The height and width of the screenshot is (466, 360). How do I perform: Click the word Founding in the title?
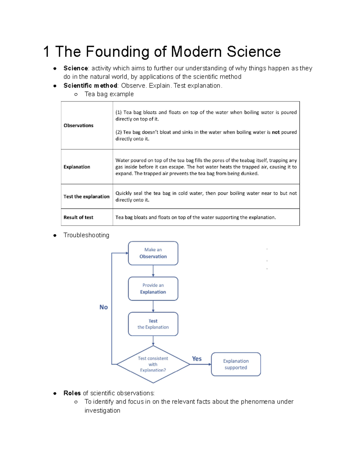(117, 52)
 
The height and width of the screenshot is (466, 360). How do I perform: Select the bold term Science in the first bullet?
(76, 68)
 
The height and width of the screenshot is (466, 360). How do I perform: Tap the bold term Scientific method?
(90, 86)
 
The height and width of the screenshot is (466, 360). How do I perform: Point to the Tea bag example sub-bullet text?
(109, 94)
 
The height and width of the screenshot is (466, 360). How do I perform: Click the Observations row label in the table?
(78, 125)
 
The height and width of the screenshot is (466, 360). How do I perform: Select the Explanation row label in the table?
(77, 167)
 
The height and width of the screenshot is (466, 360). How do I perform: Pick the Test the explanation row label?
(86, 197)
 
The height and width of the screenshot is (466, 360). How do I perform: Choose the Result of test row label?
(78, 217)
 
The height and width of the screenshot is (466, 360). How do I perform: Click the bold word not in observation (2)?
(276, 132)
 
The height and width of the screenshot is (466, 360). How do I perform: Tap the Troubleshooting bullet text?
(86, 235)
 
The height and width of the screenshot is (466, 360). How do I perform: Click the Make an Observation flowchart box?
(153, 253)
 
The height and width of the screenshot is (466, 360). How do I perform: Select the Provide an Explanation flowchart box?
(153, 289)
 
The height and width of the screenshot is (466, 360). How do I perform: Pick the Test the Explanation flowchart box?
(153, 324)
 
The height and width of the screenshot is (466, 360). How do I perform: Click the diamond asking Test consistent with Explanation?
(153, 364)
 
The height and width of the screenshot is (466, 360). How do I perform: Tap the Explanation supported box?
(236, 364)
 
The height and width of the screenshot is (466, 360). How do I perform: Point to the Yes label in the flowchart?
(197, 359)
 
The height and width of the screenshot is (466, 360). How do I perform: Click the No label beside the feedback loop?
(103, 307)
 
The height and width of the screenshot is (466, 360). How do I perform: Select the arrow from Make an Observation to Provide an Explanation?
(153, 271)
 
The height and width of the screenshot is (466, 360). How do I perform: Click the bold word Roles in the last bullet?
(72, 393)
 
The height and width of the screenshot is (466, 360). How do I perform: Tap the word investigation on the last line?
(102, 410)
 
